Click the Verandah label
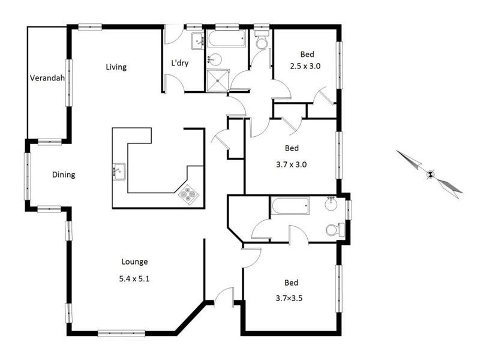[x=47, y=78]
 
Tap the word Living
[x=116, y=67]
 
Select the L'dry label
[x=179, y=63]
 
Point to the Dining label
[x=64, y=175]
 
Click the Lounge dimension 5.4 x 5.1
[x=134, y=279]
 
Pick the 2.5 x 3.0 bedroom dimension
[x=305, y=66]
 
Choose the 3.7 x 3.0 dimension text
[x=291, y=164]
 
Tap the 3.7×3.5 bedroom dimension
[x=289, y=298]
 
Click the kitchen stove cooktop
[x=188, y=194]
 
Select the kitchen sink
[x=119, y=172]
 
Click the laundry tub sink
[x=197, y=41]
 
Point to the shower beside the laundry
[x=218, y=80]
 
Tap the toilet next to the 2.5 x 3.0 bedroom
[x=262, y=40]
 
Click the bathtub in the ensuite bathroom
[x=290, y=206]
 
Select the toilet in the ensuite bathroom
[x=335, y=230]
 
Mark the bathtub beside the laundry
[x=226, y=38]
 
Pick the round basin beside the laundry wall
[x=215, y=59]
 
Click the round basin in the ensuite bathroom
[x=331, y=204]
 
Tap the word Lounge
[x=134, y=262]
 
